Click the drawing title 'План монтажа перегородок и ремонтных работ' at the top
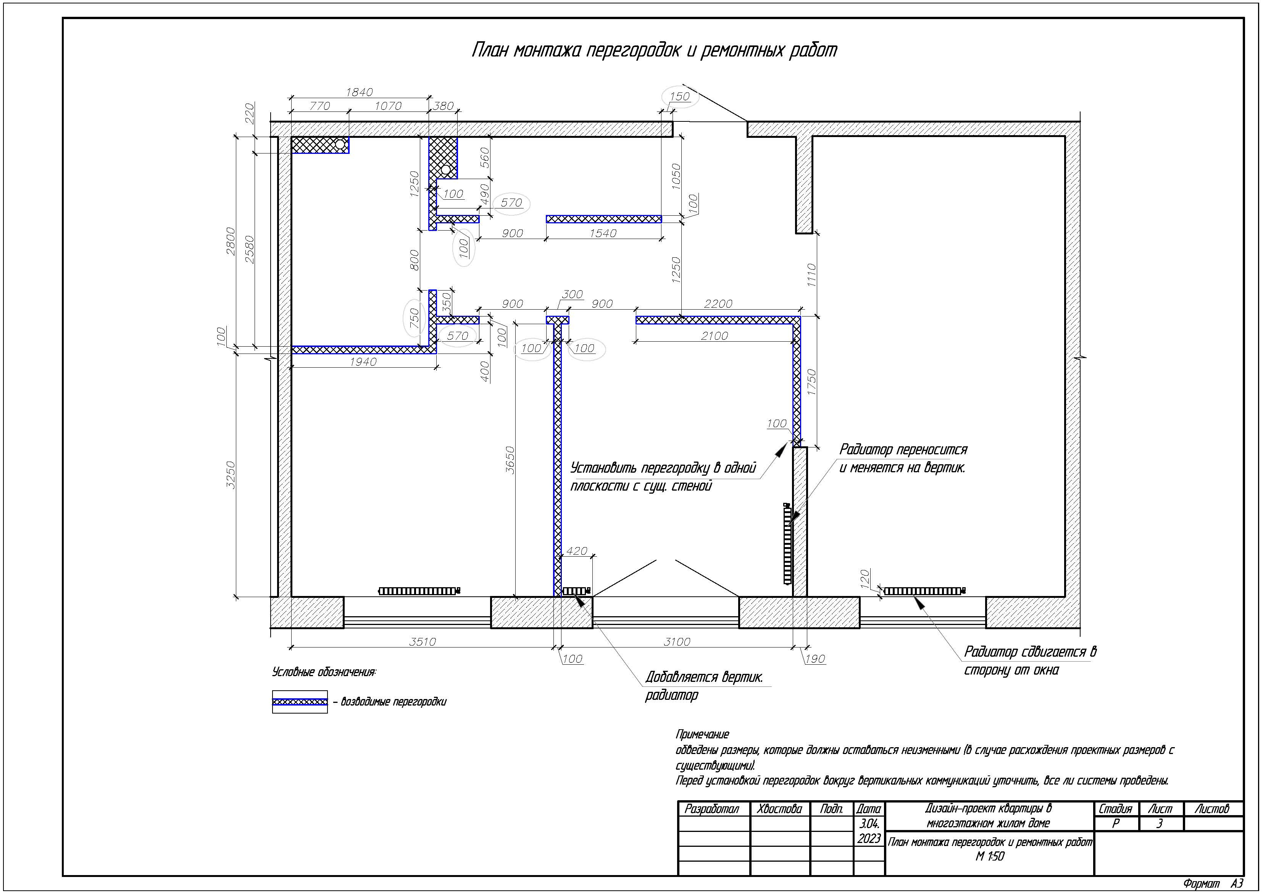pyautogui.click(x=654, y=50)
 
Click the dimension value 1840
pyautogui.click(x=359, y=92)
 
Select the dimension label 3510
pyautogui.click(x=423, y=641)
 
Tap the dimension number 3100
pyautogui.click(x=677, y=641)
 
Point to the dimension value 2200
pyautogui.click(x=718, y=304)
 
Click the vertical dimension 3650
pyautogui.click(x=510, y=460)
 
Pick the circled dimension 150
pyautogui.click(x=679, y=96)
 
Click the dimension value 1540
pyautogui.click(x=603, y=233)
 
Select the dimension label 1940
pyautogui.click(x=363, y=362)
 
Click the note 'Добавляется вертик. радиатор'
pyautogui.click(x=704, y=686)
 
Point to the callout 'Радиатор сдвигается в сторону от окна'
pyautogui.click(x=1030, y=660)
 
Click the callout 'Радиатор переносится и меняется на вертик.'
pyautogui.click(x=903, y=458)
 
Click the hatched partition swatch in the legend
pyautogui.click(x=300, y=702)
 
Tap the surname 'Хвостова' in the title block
pyautogui.click(x=779, y=809)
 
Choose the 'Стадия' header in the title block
pyautogui.click(x=1115, y=809)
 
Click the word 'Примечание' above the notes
pyautogui.click(x=702, y=734)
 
